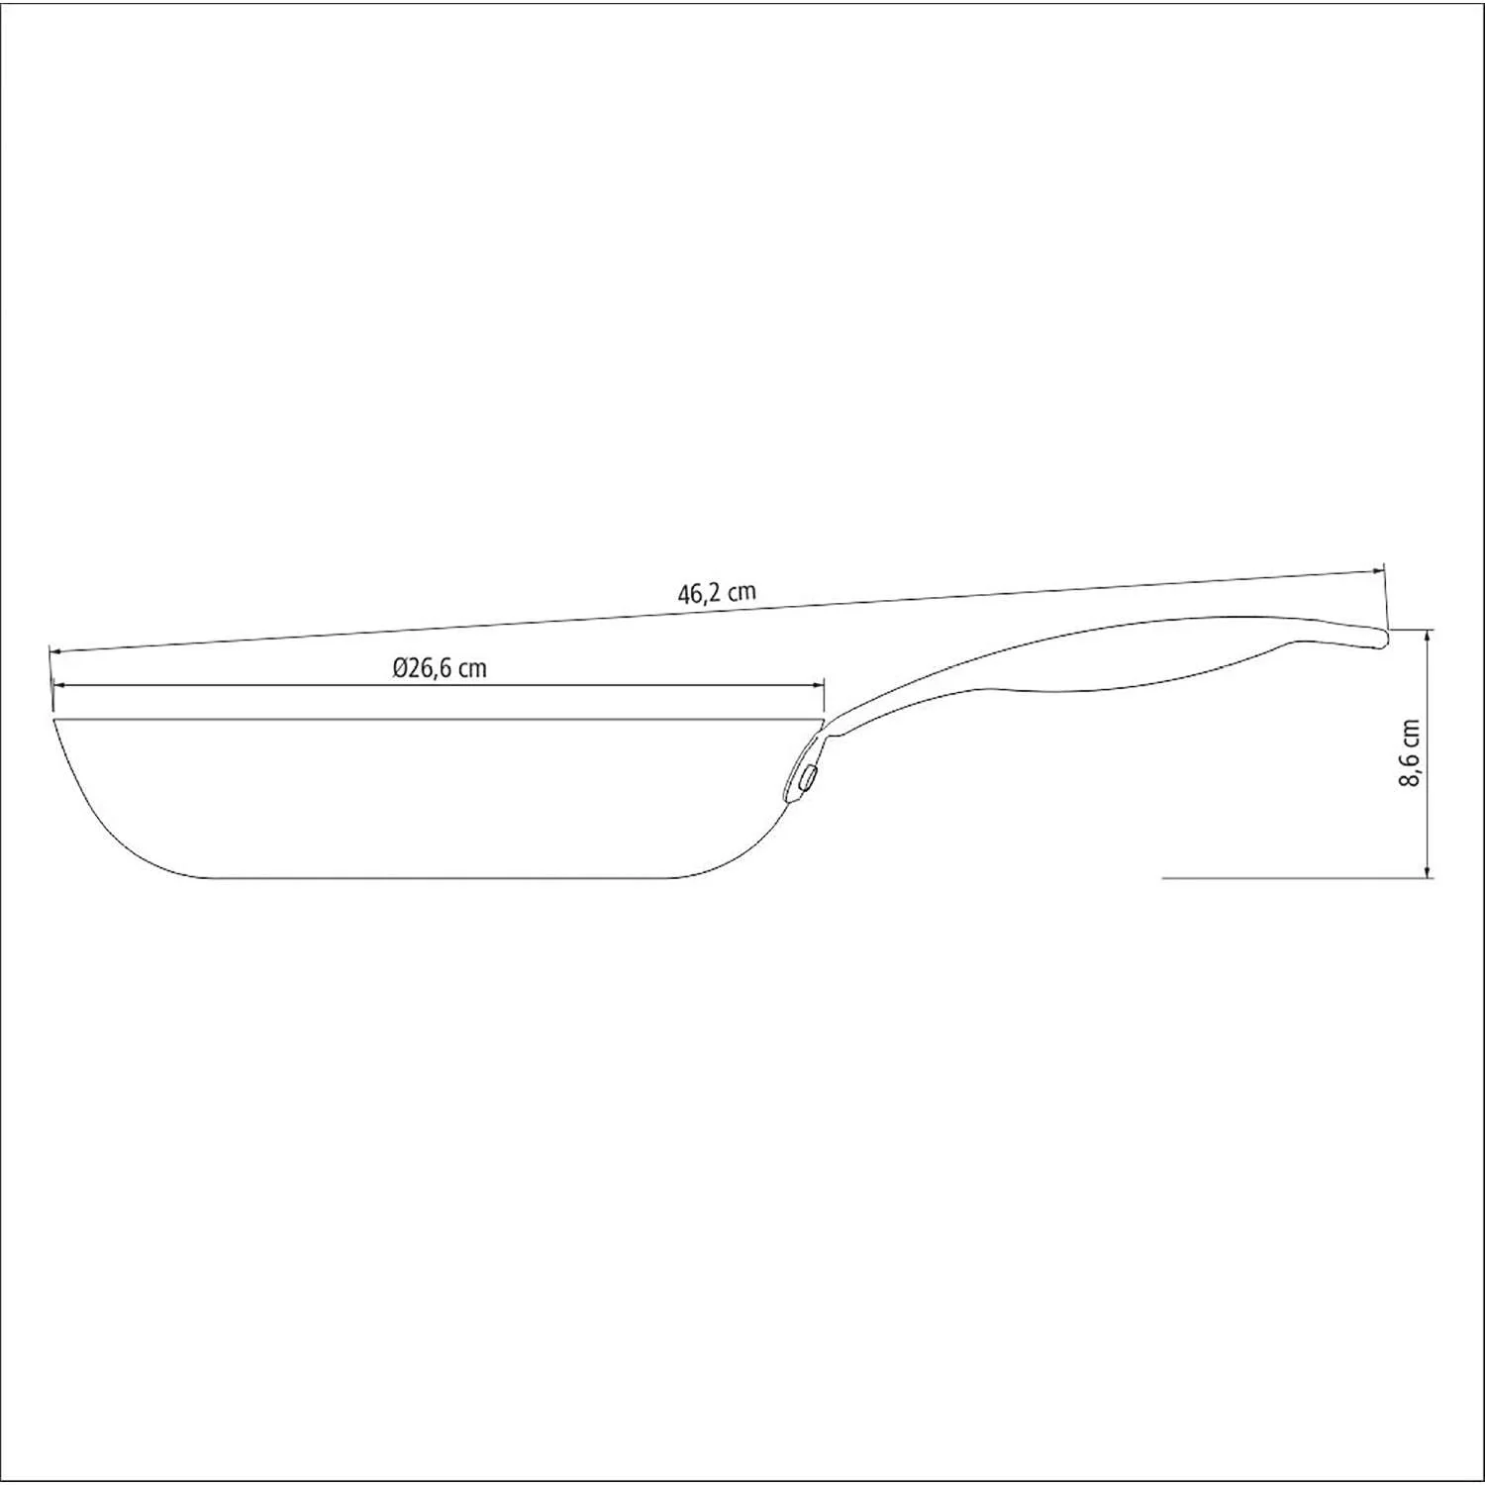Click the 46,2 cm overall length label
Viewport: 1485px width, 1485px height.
click(717, 593)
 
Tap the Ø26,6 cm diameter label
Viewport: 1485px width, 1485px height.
click(440, 668)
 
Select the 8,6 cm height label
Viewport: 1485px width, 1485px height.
click(1410, 753)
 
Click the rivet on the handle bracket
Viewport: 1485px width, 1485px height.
click(808, 776)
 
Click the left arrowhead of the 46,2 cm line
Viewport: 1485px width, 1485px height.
click(55, 650)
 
